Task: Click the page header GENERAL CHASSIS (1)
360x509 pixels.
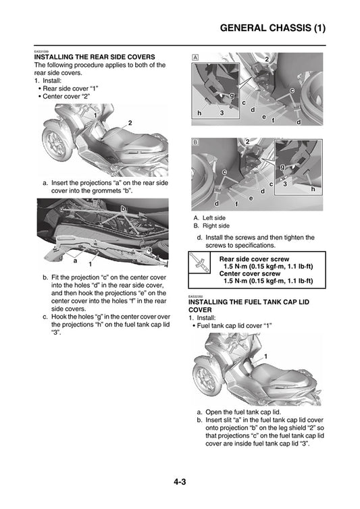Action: (x=273, y=28)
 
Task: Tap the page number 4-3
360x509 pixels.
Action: (x=180, y=481)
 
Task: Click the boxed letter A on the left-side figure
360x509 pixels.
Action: (x=195, y=57)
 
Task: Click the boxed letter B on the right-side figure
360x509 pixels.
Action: (x=195, y=143)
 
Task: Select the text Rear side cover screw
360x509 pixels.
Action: (x=254, y=259)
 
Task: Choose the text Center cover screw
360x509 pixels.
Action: (x=250, y=273)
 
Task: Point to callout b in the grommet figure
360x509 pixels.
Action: (x=123, y=209)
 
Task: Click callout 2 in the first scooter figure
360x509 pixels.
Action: (x=129, y=122)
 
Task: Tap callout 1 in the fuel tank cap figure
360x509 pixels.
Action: (x=265, y=356)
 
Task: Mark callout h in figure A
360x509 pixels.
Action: (x=199, y=112)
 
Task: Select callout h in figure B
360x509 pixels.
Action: (x=313, y=189)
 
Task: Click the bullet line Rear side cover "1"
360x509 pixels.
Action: (x=70, y=88)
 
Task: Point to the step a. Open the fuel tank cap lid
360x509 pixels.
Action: (x=238, y=411)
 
